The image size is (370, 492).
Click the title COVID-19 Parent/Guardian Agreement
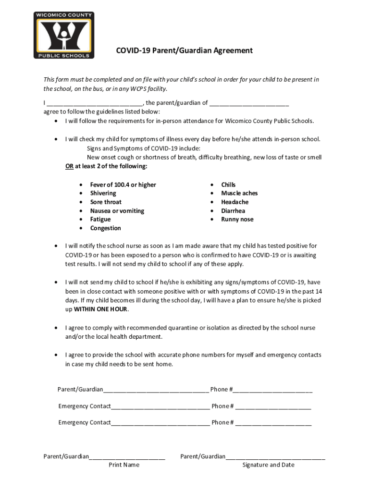pyautogui.click(x=184, y=50)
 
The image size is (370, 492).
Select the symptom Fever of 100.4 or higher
pyautogui.click(x=123, y=184)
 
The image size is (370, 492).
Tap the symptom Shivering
pyautogui.click(x=103, y=193)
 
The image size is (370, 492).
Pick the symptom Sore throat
pyautogui.click(x=106, y=202)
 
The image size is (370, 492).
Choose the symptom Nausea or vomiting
pyautogui.click(x=117, y=210)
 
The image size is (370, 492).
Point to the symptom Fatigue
pyautogui.click(x=100, y=219)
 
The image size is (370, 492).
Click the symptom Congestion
pyautogui.click(x=105, y=228)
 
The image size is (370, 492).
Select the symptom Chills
pyautogui.click(x=228, y=184)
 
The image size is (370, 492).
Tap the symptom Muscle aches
pyautogui.click(x=239, y=193)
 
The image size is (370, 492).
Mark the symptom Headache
pyautogui.click(x=234, y=202)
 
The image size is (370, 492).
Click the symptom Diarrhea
pyautogui.click(x=233, y=210)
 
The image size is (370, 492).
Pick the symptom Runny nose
pyautogui.click(x=237, y=219)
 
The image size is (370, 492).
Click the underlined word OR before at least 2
pyautogui.click(x=70, y=166)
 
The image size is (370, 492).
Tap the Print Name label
pyautogui.click(x=124, y=465)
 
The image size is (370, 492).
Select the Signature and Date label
pyautogui.click(x=268, y=465)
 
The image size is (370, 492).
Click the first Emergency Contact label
pyautogui.click(x=85, y=406)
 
